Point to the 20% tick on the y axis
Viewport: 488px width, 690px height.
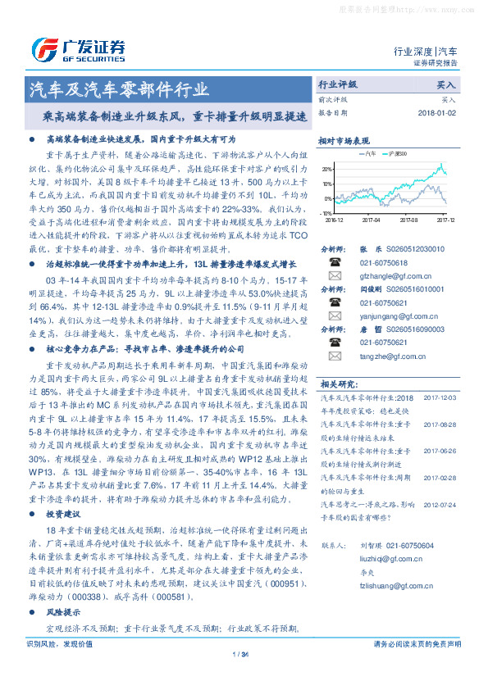coord(327,168)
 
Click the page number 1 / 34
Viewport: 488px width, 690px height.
coord(240,654)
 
